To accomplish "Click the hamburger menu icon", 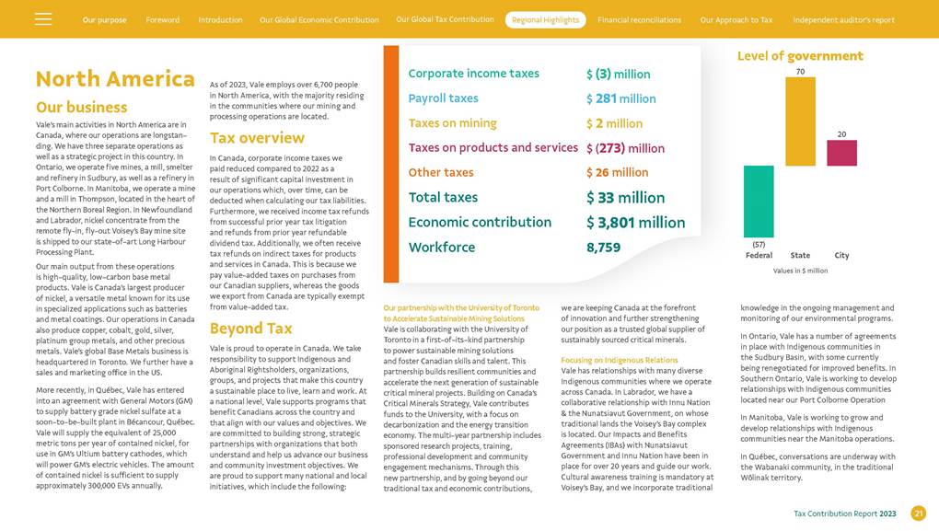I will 43,19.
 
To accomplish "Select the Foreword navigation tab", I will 163,20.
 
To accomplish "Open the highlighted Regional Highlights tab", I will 545,20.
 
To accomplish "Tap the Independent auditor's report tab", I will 843,20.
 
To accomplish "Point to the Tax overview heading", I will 257,138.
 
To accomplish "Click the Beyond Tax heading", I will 250,329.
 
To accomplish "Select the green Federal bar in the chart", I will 759,202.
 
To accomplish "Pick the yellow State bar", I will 800,121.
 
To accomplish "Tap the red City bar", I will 841,153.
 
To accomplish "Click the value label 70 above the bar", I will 800,71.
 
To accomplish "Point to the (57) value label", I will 759,244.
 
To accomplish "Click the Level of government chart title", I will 800,56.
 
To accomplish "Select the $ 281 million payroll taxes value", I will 620,98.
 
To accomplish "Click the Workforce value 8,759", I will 603,248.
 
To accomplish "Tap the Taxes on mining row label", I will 452,123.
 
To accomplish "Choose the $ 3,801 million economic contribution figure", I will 635,223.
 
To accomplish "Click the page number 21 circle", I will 918,514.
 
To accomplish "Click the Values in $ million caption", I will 800,271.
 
